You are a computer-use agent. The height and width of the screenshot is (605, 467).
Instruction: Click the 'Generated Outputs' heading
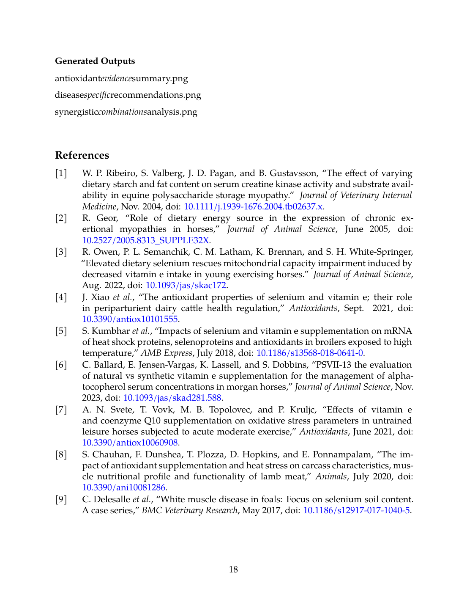(x=95, y=61)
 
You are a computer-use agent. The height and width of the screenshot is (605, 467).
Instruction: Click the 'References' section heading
(x=82, y=155)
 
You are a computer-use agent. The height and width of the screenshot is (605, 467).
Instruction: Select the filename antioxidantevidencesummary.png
(x=121, y=79)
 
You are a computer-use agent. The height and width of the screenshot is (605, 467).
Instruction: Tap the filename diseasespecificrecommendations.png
(x=128, y=95)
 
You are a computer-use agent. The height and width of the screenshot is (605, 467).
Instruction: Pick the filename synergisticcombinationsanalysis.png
(x=126, y=112)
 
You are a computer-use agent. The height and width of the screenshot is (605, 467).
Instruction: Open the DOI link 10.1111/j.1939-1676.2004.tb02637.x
(x=253, y=206)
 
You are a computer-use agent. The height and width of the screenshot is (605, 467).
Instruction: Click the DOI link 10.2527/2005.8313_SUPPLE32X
(x=146, y=240)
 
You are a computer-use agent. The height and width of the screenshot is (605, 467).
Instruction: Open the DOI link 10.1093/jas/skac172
(x=186, y=285)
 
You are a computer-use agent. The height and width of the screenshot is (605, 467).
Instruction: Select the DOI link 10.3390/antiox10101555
(x=130, y=319)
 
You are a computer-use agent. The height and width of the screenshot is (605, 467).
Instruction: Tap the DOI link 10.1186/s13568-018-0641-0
(x=309, y=353)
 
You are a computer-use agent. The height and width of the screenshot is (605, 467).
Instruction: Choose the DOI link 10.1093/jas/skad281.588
(x=172, y=398)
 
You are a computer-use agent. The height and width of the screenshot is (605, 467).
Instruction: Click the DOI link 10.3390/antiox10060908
(x=130, y=443)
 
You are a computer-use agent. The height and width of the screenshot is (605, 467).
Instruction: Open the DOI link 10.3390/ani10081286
(x=124, y=487)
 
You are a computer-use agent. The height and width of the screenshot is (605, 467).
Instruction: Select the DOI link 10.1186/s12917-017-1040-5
(x=356, y=510)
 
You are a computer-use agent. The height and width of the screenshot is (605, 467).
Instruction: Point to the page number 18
(x=233, y=569)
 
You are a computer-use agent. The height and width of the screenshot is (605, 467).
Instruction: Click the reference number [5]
(x=61, y=331)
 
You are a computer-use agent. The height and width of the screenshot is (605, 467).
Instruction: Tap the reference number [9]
(x=61, y=499)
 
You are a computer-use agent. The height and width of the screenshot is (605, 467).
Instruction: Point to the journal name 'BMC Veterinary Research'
(x=189, y=510)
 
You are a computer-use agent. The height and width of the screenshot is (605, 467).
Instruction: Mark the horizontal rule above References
(x=233, y=131)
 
